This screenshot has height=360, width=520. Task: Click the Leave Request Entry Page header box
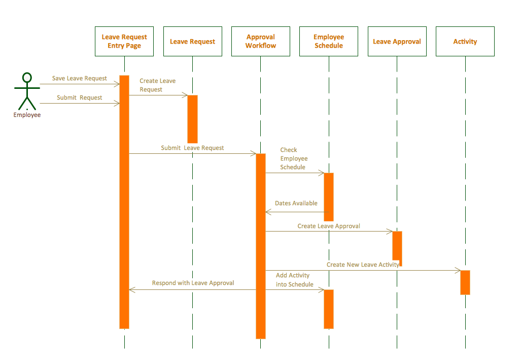click(124, 41)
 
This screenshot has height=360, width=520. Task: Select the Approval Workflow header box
click(260, 41)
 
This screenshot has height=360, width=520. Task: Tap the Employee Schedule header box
click(329, 41)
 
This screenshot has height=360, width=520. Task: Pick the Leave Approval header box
click(397, 41)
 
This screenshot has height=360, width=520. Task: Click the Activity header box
click(465, 41)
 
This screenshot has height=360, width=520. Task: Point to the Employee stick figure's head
click(27, 78)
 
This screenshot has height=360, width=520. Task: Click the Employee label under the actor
click(27, 115)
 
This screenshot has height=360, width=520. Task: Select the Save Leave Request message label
click(80, 78)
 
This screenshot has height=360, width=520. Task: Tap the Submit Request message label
click(80, 97)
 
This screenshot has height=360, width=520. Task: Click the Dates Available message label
click(296, 203)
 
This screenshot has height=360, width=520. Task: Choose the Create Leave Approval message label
click(329, 226)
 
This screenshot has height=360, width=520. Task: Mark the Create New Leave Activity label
click(363, 265)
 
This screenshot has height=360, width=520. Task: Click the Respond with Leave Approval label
click(193, 283)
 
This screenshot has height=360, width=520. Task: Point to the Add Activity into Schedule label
click(294, 280)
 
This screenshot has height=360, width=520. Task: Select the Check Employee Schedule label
click(294, 158)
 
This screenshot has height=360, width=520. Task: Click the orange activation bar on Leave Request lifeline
click(192, 119)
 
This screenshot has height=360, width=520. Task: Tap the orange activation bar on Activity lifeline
click(465, 282)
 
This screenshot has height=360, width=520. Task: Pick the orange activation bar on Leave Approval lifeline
click(397, 246)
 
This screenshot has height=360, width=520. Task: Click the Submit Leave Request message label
click(192, 148)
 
